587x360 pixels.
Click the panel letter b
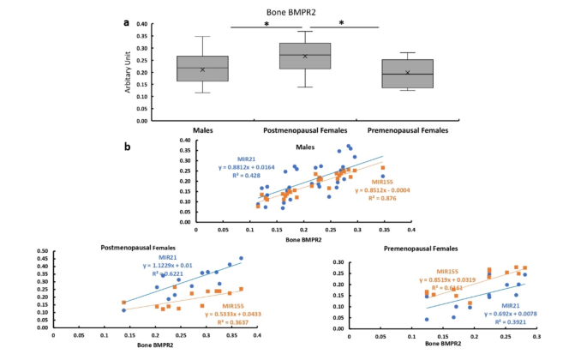(128, 147)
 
